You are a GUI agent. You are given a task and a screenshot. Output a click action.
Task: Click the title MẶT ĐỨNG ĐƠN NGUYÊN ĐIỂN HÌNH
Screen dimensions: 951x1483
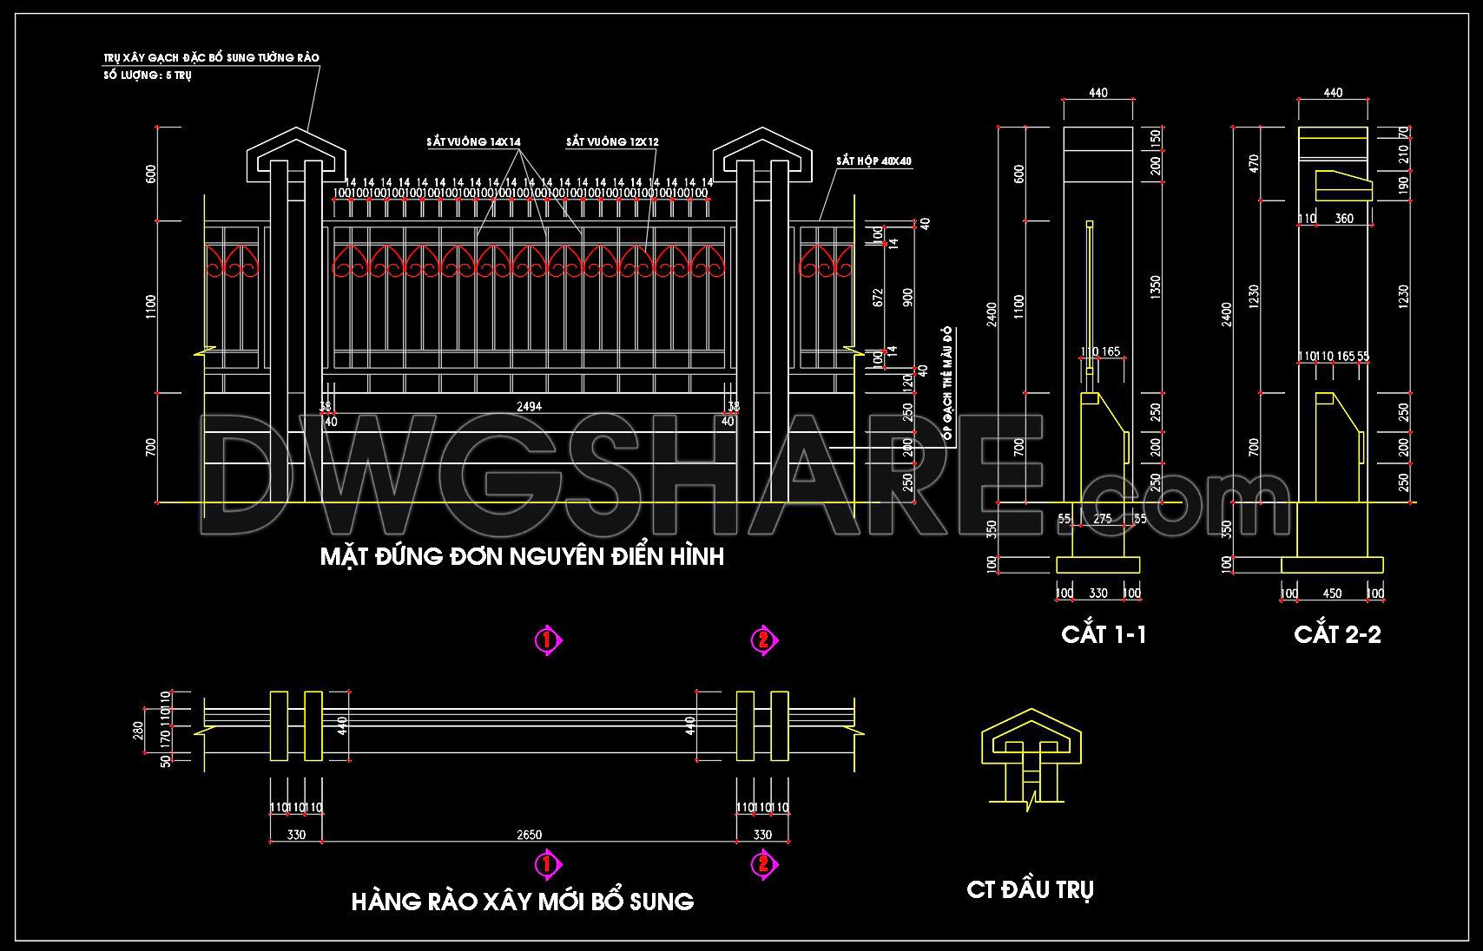522,556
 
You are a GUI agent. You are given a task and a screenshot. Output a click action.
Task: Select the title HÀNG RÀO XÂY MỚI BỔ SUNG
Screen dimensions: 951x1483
522,902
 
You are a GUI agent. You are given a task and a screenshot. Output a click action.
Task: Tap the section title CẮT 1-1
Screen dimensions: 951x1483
1104,634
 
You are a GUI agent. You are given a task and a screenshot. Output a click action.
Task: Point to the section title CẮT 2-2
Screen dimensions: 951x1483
1337,634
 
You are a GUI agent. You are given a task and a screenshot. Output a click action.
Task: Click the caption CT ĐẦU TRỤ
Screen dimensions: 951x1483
1030,889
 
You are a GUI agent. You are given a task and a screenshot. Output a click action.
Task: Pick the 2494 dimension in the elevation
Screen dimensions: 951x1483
529,405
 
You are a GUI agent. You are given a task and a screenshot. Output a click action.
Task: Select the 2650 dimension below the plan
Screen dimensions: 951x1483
529,835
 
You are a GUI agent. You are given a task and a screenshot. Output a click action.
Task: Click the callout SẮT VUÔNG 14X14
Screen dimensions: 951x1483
473,141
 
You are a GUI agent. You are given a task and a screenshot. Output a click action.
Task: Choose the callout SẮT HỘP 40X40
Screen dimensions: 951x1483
874,161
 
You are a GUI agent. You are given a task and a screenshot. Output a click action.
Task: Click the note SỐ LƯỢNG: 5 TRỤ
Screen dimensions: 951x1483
148,75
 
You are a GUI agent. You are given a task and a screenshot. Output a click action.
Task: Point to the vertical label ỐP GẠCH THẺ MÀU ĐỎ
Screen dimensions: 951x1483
948,387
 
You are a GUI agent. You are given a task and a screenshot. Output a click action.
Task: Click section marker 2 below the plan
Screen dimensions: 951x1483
763,864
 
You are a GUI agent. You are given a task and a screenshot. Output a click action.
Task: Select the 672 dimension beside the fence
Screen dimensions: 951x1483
878,297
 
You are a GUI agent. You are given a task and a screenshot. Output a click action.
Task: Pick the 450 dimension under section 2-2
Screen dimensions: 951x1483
1332,594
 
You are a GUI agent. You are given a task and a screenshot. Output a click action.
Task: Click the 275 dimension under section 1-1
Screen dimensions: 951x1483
1102,519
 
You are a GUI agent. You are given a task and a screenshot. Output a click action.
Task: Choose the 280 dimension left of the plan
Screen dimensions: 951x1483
136,731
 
